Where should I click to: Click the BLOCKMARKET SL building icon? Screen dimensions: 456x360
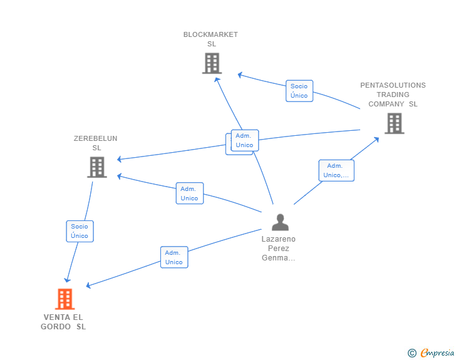[x=212, y=63]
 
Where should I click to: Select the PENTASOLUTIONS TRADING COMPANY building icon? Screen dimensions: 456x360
[x=395, y=123]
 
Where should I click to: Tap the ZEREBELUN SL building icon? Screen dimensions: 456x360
[x=97, y=167]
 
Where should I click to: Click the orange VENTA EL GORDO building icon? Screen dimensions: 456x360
[x=65, y=299]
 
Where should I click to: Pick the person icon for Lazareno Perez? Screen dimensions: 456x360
[x=280, y=222]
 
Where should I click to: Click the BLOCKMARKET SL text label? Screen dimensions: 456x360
[x=210, y=39]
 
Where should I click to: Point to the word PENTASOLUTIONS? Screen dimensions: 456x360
[x=393, y=85]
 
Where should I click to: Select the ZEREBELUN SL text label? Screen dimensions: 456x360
[x=96, y=143]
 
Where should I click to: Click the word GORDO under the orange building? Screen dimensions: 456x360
[x=56, y=327]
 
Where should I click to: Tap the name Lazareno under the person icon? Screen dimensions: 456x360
[x=278, y=239]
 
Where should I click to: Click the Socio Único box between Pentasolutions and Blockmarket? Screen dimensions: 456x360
[x=299, y=91]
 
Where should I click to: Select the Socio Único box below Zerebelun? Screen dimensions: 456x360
[x=80, y=231]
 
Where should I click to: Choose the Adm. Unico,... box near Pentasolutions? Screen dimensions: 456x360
[x=336, y=170]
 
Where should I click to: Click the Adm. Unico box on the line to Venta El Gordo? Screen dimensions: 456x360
[x=174, y=257]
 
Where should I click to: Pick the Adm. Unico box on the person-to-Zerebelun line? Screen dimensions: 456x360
[x=190, y=193]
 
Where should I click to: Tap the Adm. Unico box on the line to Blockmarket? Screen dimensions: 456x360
[x=244, y=140]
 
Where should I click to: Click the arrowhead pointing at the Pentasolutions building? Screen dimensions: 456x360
[x=376, y=140]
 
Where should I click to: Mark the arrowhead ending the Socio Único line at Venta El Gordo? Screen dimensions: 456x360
[x=67, y=280]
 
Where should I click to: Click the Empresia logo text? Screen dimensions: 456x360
[x=437, y=352]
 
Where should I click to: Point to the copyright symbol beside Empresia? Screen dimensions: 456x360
[x=412, y=353]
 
